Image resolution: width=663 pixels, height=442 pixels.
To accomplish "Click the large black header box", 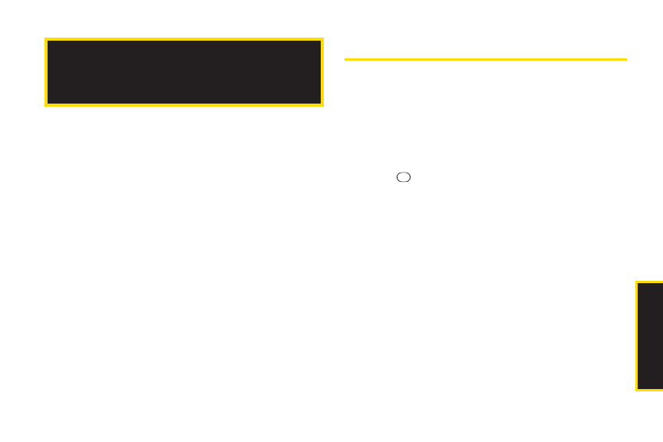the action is tap(184, 72).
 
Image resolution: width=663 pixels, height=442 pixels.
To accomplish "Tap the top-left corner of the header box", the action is tap(45, 38).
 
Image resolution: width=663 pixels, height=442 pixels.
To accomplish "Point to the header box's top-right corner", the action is tap(322, 38).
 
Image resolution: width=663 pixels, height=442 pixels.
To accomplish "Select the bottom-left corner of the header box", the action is tap(45, 105).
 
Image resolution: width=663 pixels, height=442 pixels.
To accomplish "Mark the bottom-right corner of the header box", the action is tap(322, 105).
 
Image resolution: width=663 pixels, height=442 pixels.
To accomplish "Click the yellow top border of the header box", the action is tap(184, 39).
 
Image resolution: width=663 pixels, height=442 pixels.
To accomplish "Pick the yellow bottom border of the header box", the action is tap(184, 104).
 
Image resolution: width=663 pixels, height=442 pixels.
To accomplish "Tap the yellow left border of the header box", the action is tap(46, 72).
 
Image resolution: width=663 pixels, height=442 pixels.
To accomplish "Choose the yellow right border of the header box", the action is tap(322, 72).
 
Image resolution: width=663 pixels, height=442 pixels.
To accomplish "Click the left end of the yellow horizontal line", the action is tap(345, 58).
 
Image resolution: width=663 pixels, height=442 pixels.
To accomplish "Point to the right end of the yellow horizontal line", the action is tap(627, 58).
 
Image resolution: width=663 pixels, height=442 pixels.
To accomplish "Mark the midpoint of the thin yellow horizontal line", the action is tap(486, 58).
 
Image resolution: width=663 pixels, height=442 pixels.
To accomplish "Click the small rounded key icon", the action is tap(404, 176).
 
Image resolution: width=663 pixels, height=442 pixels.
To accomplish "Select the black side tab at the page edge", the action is tap(650, 336).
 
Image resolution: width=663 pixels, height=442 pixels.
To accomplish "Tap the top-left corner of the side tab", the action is tap(636, 282).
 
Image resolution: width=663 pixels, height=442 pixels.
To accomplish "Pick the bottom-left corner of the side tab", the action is tap(636, 391).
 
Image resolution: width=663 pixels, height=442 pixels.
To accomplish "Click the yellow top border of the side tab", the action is tap(650, 282).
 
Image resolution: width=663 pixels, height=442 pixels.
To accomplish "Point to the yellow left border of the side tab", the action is tap(637, 336).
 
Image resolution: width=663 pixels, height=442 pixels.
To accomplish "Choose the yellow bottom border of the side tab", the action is tap(650, 390).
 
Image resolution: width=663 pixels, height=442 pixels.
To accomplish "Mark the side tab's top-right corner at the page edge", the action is tap(661, 282).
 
